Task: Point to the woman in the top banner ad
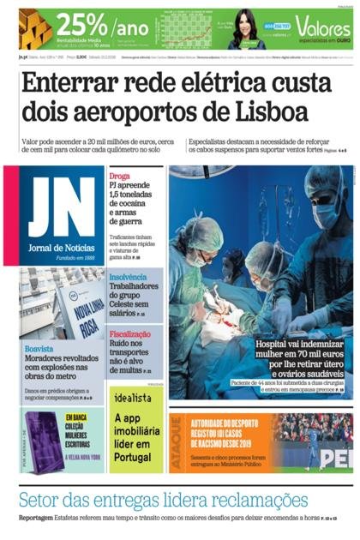click(x=245, y=31)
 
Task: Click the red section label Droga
click(x=120, y=172)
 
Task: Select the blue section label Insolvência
click(x=129, y=277)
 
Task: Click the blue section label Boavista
click(x=39, y=349)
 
